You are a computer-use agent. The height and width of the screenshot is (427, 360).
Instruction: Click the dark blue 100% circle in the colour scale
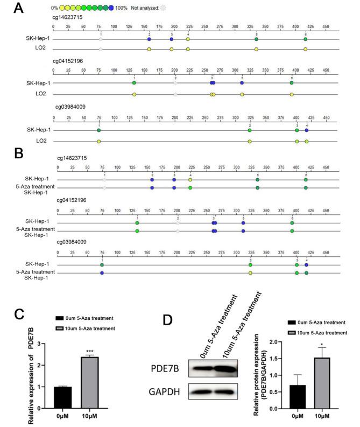coord(111,9)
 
